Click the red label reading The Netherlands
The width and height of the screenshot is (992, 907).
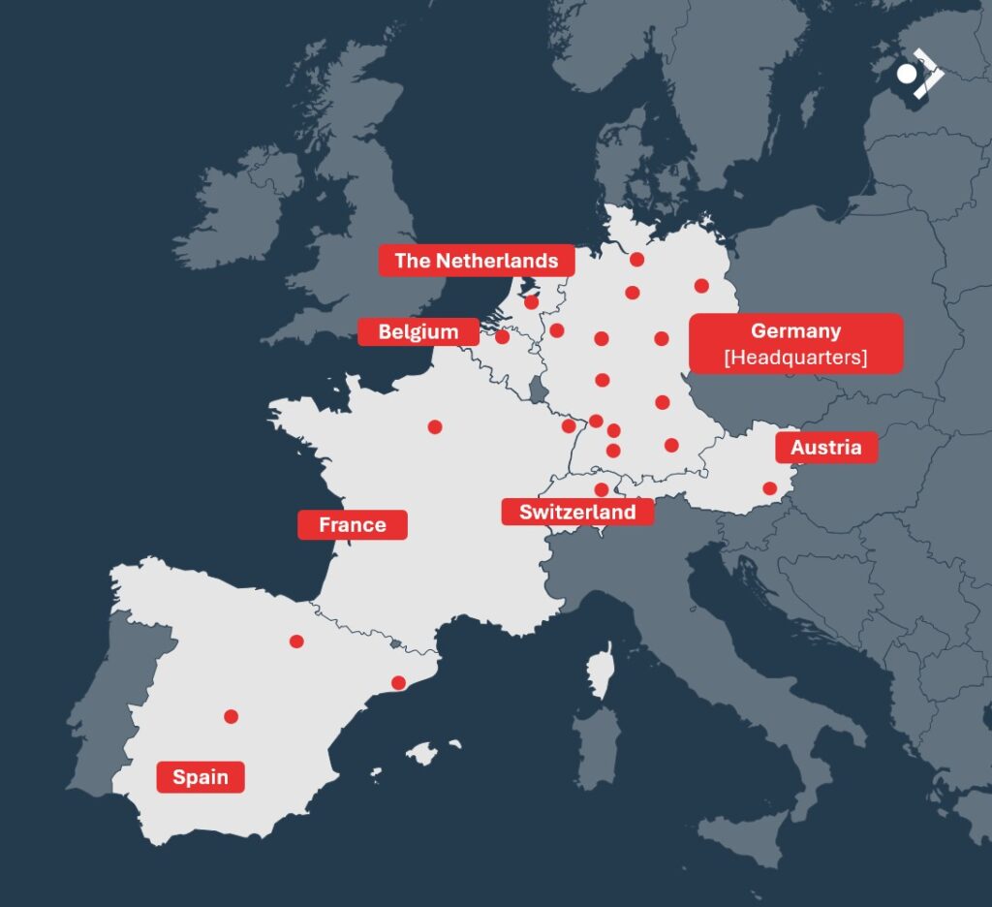tap(476, 261)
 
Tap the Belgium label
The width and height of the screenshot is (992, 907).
tap(418, 331)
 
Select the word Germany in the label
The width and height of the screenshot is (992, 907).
tap(795, 331)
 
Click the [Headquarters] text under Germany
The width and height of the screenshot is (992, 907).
tap(795, 358)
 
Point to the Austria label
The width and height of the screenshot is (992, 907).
tap(825, 448)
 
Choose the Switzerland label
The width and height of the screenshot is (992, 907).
tap(577, 512)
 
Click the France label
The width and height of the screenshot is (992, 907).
tap(353, 525)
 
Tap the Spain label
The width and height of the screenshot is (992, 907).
tap(201, 777)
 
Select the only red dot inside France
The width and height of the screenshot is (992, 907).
tap(435, 426)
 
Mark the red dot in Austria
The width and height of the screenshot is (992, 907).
tap(769, 488)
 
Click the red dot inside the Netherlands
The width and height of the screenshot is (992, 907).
tap(531, 302)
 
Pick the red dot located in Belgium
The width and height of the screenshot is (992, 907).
tap(502, 337)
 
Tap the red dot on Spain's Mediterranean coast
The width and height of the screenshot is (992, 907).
tap(398, 682)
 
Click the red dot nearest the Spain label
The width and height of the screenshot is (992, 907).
tap(231, 716)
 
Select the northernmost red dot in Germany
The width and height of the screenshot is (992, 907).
tap(636, 259)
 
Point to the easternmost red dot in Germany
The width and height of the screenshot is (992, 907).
tap(701, 286)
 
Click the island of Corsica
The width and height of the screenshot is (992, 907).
tap(601, 674)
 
